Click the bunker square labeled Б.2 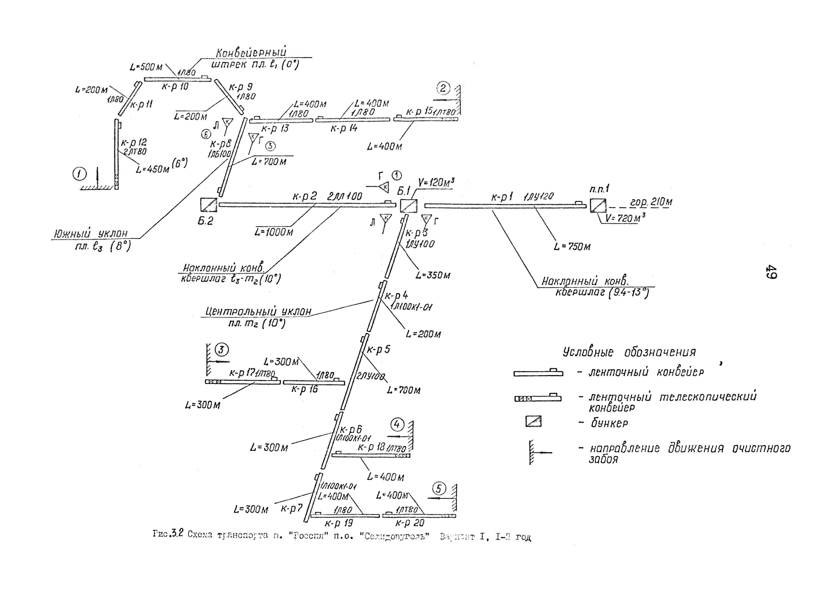(208, 205)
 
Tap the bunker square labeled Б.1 (408, 206)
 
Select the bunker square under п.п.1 (598, 205)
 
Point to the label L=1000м (274, 232)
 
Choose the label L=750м (572, 247)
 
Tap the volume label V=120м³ (436, 182)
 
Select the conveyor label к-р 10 (175, 87)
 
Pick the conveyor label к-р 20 (410, 523)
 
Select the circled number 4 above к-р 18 (397, 425)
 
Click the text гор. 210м (651, 202)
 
